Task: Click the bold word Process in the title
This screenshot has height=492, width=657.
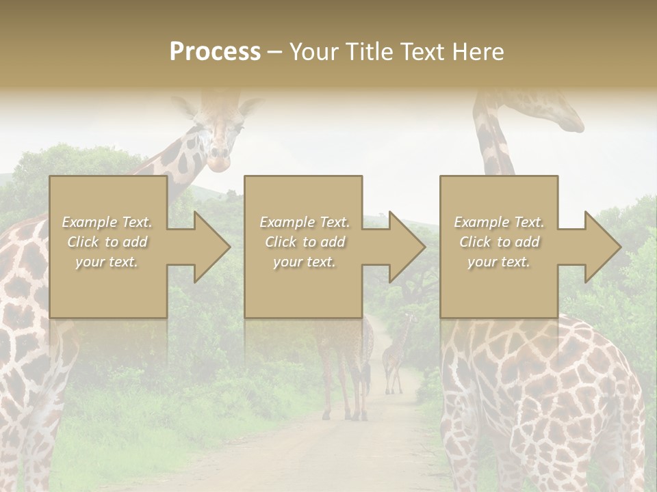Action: coord(215,52)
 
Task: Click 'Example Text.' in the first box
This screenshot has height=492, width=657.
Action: coord(107,222)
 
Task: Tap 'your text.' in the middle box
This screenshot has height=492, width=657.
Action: coord(304,262)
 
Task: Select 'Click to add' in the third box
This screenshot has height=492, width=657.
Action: coord(500,242)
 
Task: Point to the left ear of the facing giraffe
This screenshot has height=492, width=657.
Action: coord(183,106)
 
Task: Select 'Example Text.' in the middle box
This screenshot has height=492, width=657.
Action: coord(304,222)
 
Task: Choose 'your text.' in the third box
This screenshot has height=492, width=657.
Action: coord(499,262)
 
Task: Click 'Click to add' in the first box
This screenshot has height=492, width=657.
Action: coord(107,242)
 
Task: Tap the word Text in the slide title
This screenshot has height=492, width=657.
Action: coord(424,52)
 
